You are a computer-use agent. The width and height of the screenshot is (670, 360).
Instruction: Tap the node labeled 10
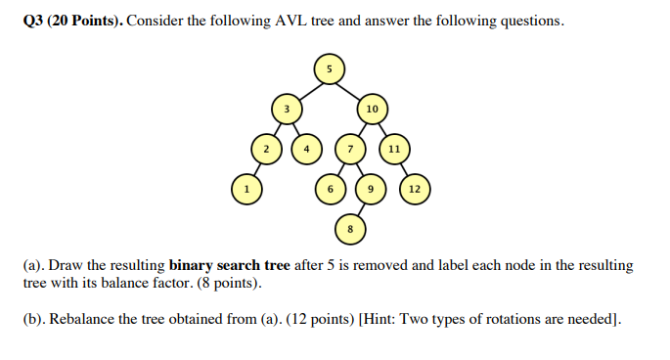click(x=372, y=109)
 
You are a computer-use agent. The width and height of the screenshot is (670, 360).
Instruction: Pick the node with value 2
click(x=265, y=150)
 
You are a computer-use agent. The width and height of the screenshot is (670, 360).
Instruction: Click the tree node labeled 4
click(x=307, y=150)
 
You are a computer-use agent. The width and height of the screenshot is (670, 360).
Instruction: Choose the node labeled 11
click(x=393, y=150)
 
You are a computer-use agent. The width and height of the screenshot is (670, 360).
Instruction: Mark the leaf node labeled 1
click(x=246, y=188)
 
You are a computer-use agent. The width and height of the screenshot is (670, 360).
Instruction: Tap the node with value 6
click(x=330, y=188)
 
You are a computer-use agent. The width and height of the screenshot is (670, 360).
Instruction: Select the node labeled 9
click(x=371, y=188)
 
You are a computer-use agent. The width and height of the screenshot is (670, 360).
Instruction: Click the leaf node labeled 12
click(x=414, y=188)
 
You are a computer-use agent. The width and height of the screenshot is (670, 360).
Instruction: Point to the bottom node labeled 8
click(x=350, y=228)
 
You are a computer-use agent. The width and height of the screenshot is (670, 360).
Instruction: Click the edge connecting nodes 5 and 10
click(x=350, y=89)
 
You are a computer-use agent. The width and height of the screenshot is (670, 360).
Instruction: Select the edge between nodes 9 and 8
click(x=361, y=207)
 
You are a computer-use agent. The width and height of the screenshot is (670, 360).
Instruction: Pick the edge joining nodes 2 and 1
click(x=255, y=169)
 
